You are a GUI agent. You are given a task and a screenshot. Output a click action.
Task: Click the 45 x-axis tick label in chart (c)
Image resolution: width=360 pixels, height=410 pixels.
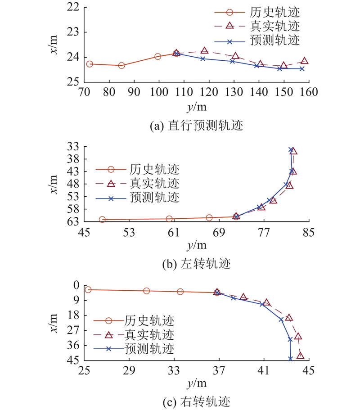[309, 370]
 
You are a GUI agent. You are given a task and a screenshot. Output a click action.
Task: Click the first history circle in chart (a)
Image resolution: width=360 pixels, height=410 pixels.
[90, 64]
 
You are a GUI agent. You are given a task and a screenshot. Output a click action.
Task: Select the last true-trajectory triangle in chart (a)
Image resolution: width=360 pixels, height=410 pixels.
[305, 61]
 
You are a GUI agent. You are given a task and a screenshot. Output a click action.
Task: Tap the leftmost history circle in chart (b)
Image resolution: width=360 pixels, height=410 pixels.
[102, 220]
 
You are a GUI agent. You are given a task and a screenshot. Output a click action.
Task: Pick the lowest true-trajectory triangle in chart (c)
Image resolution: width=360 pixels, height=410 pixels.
[300, 356]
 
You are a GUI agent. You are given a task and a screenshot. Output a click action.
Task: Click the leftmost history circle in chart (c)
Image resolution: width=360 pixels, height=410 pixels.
[88, 290]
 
